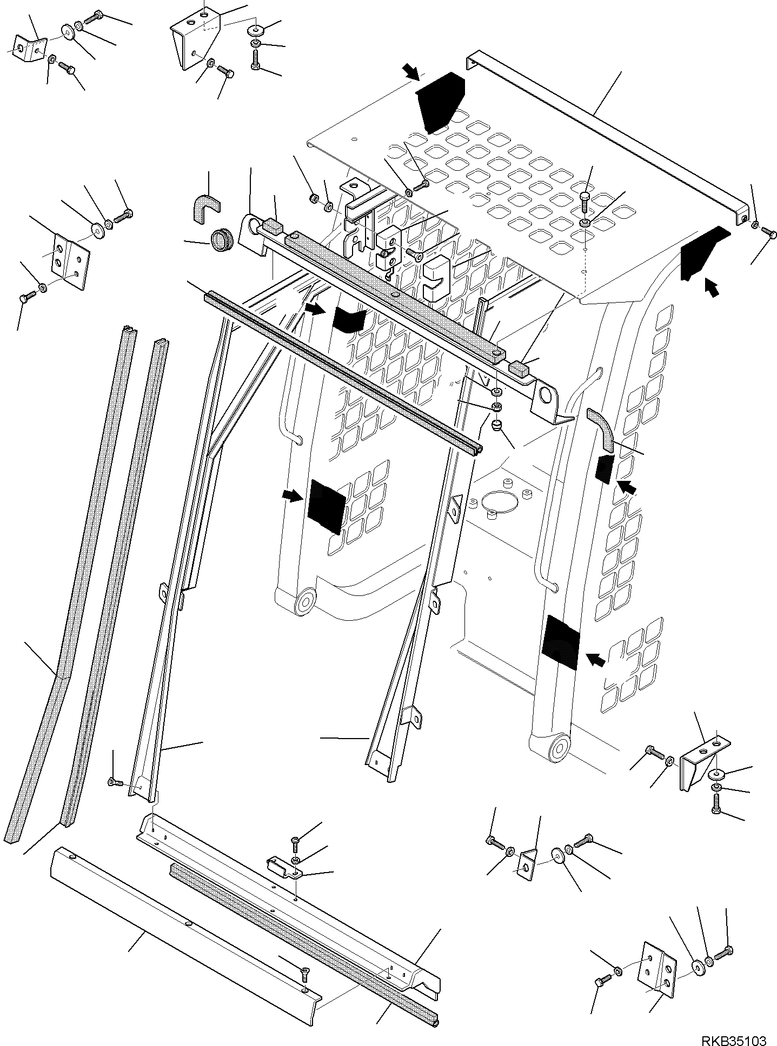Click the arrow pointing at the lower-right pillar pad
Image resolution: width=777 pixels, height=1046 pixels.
(x=595, y=659)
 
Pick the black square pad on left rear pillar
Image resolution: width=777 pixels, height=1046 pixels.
(x=326, y=506)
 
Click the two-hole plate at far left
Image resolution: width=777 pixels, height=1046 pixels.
(x=70, y=260)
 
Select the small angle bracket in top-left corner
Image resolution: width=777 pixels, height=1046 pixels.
(x=29, y=48)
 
